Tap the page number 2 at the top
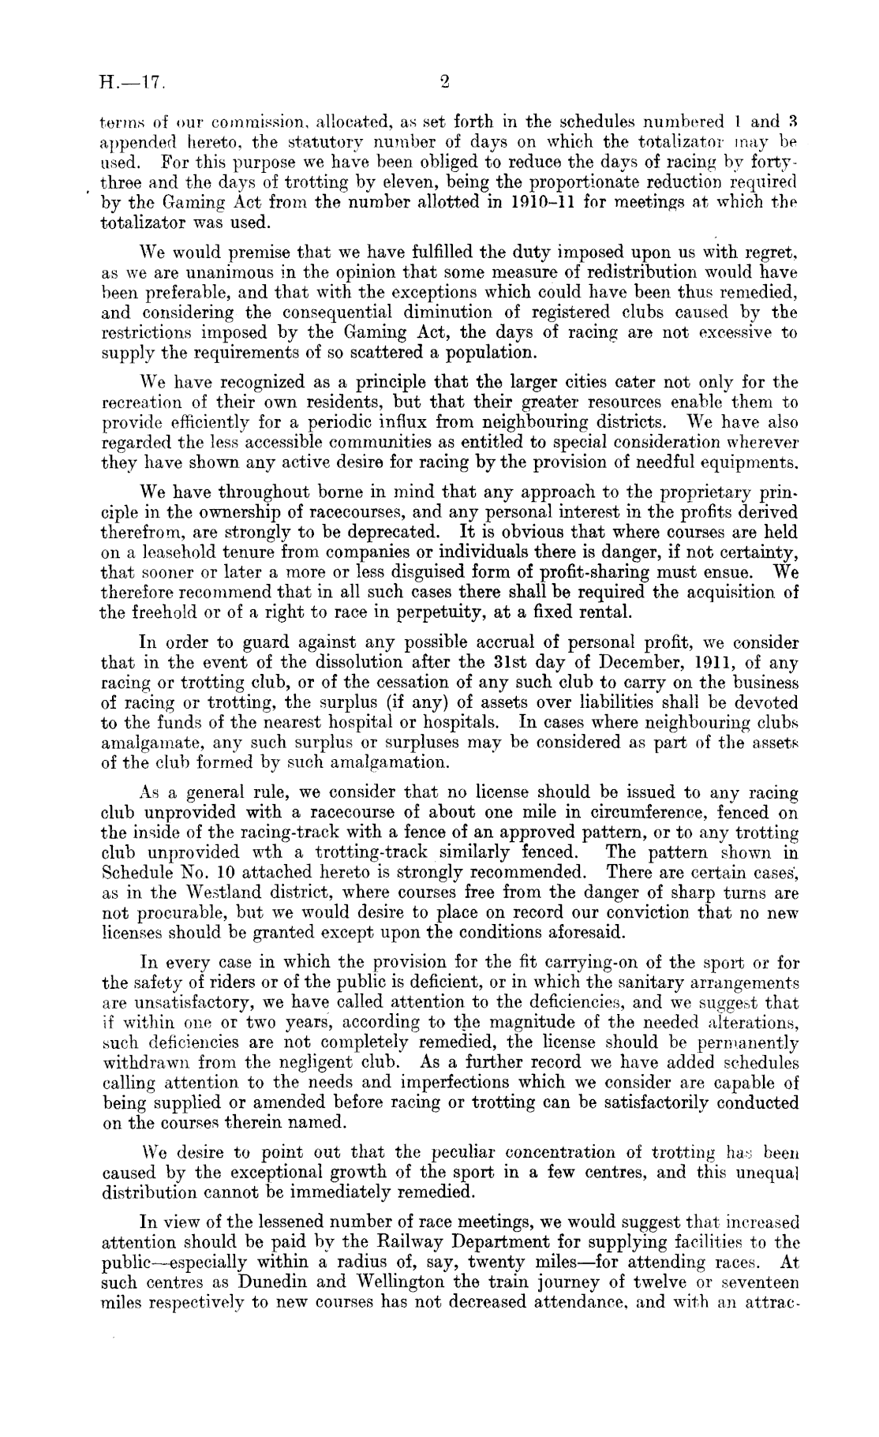tap(444, 80)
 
